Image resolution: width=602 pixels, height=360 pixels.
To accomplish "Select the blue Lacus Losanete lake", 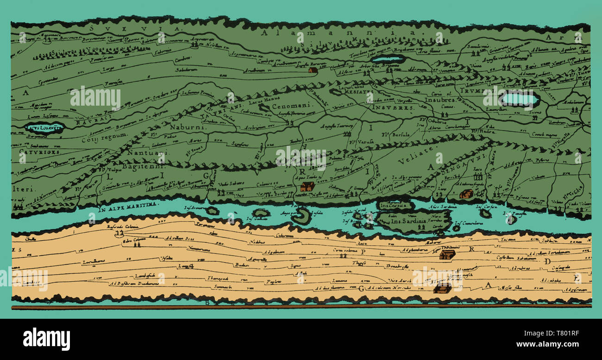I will coord(44,127).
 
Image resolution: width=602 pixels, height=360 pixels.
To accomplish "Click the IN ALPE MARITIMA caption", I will coord(129,205).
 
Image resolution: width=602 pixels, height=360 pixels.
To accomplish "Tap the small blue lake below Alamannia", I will coord(388,59).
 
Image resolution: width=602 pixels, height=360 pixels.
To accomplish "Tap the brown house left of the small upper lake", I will coord(313,70).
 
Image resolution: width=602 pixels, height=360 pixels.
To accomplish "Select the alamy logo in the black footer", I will coord(46,339).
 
